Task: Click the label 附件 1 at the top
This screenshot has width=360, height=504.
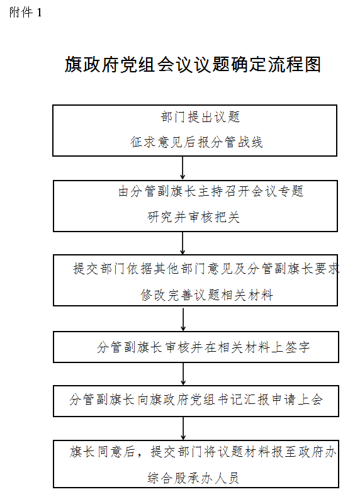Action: (x=25, y=13)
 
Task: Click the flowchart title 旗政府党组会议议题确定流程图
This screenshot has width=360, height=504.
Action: (x=193, y=65)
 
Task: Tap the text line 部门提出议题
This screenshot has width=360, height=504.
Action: (x=200, y=117)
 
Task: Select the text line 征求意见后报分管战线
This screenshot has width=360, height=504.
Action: (x=196, y=142)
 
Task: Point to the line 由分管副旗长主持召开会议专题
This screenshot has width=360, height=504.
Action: (x=211, y=191)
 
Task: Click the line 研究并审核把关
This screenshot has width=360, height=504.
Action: (x=193, y=217)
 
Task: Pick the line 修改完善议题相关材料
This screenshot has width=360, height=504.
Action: (x=206, y=295)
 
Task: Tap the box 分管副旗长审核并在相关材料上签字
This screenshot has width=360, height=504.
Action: (x=196, y=347)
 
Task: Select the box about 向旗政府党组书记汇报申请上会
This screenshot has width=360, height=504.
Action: (x=196, y=401)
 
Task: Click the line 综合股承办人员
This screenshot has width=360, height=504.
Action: (x=193, y=478)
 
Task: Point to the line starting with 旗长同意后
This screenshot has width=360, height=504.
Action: (x=203, y=452)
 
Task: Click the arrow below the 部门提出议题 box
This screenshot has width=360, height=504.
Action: (x=183, y=168)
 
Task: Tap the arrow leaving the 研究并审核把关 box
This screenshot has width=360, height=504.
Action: (x=183, y=243)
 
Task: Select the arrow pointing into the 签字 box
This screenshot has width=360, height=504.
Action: (x=183, y=320)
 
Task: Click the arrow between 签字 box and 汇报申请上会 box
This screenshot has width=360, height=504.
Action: (x=183, y=374)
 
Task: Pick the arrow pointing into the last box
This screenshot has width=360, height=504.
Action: (x=183, y=428)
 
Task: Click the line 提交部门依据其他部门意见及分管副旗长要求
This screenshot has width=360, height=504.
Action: (x=206, y=269)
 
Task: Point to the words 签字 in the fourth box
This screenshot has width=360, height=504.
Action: (x=297, y=347)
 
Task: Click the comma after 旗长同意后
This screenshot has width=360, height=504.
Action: (x=140, y=454)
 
